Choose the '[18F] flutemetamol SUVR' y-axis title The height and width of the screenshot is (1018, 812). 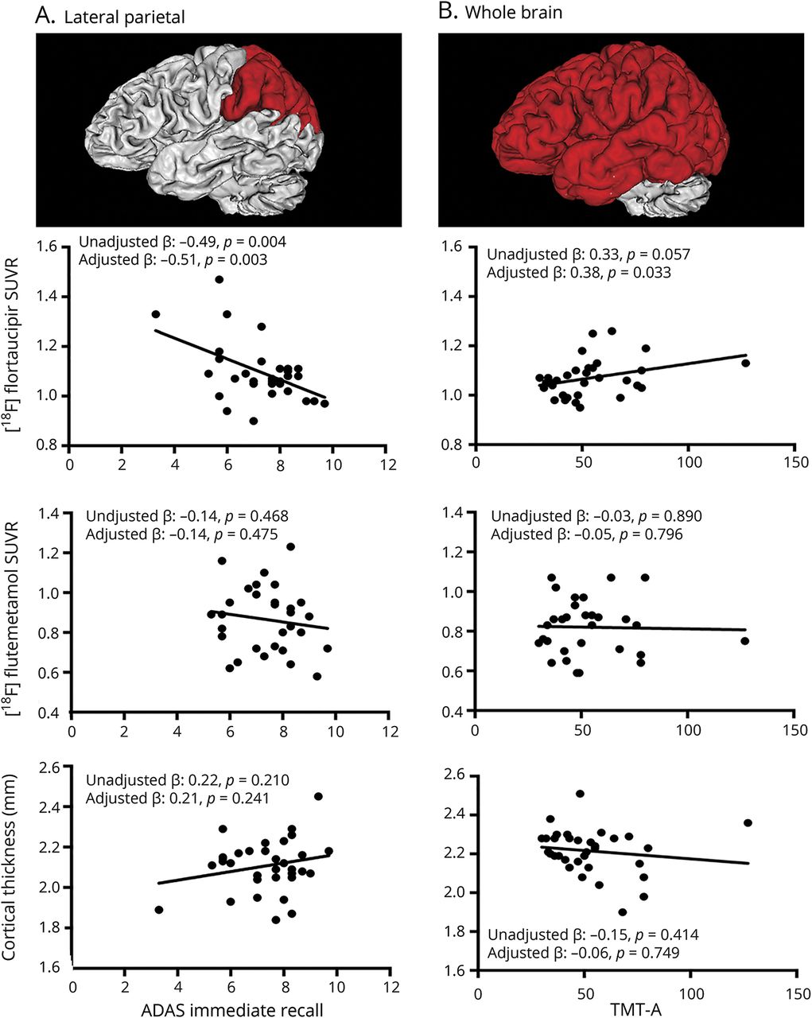[17, 612]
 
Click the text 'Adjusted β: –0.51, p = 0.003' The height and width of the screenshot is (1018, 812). [173, 259]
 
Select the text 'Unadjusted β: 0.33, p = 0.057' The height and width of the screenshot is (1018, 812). [589, 254]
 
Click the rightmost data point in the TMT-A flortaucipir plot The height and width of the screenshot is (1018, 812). [745, 363]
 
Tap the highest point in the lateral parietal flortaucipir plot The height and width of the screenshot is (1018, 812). [219, 279]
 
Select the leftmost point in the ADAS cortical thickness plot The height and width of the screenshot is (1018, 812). [158, 909]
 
